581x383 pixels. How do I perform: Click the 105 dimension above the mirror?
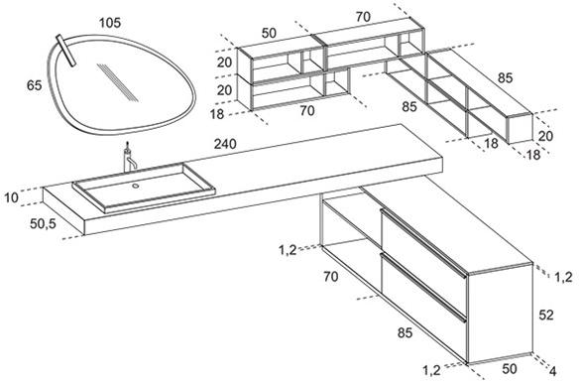coord(110,23)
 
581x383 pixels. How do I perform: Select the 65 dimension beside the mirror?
coord(34,85)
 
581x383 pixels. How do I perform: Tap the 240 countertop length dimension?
coord(225,144)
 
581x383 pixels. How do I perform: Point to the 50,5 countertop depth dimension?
coord(43,223)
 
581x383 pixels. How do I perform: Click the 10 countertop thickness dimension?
coord(11,197)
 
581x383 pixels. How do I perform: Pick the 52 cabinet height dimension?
coord(546,315)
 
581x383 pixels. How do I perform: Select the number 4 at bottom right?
coord(552,371)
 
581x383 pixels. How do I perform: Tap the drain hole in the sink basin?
coord(136,186)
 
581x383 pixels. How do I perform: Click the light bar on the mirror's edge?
coord(66,51)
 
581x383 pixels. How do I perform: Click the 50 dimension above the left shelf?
coord(269,33)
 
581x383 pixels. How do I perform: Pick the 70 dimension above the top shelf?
coord(363,17)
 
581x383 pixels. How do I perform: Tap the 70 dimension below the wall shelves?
coord(307,110)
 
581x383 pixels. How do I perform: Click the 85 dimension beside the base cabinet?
coord(405,332)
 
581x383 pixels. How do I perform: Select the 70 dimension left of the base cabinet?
coord(330,276)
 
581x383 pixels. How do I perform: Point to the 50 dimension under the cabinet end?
coord(510,368)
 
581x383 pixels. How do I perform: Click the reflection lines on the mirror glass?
coord(117,82)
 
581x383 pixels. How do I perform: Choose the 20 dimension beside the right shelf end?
coord(545,136)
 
